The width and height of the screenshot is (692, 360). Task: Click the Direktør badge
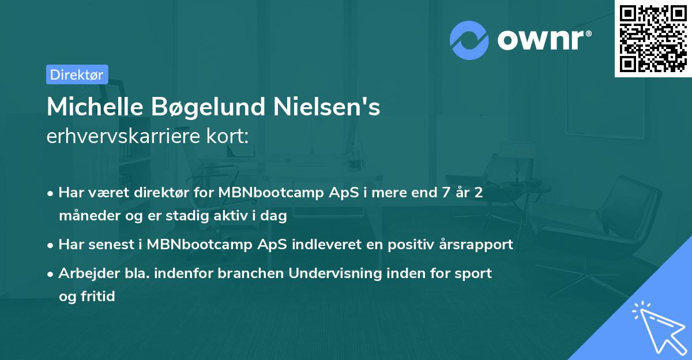click(x=77, y=74)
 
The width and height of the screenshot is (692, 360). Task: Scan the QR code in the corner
click(x=653, y=38)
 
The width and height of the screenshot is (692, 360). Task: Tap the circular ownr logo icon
click(x=469, y=40)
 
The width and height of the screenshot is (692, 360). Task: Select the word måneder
click(x=85, y=216)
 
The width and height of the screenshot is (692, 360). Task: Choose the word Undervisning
click(x=334, y=273)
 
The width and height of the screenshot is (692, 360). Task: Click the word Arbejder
click(x=84, y=273)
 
